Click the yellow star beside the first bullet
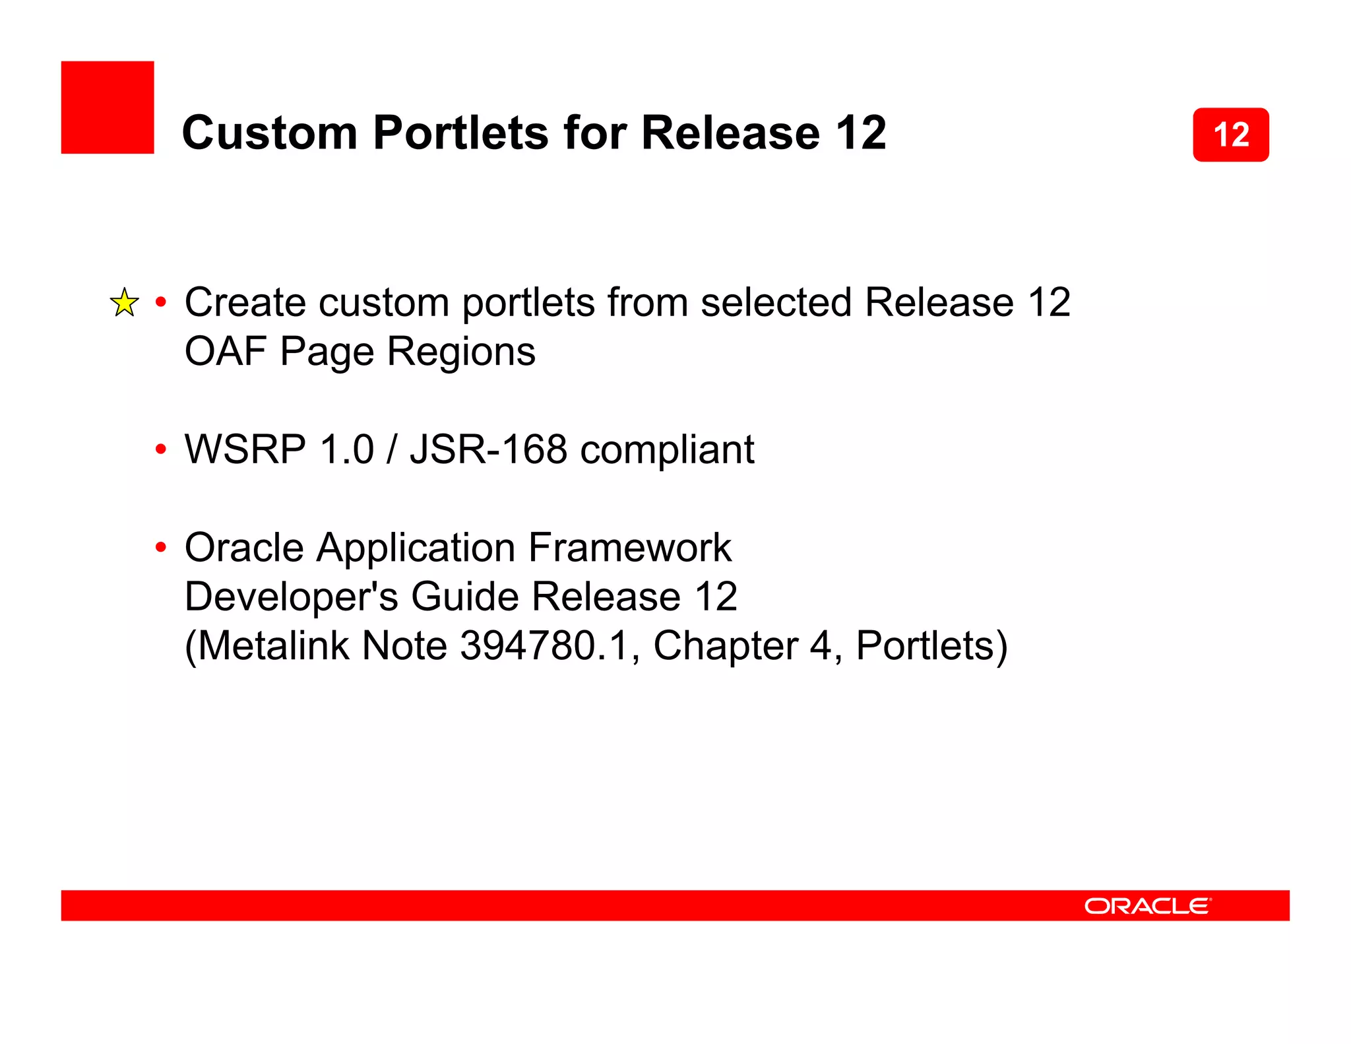coord(124,303)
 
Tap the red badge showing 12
coord(1230,135)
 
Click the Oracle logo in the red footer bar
coord(1147,905)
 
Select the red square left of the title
coord(108,108)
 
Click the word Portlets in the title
coord(460,133)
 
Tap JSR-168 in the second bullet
coord(488,449)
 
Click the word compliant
coord(667,449)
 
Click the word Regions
coord(461,351)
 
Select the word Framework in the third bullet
coord(629,547)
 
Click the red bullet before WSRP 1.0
coord(160,450)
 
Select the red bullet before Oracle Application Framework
coord(160,548)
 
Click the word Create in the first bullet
coord(245,302)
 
